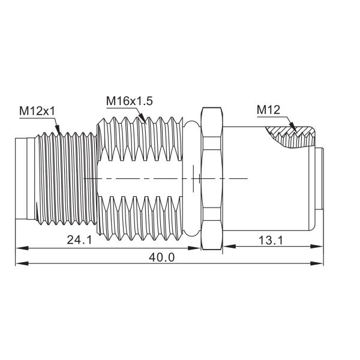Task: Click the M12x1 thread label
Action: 38,111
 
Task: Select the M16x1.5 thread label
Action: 129,101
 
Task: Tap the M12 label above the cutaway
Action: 269,110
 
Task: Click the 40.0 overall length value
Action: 161,257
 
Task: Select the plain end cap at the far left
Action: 25,179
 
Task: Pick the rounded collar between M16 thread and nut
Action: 190,179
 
